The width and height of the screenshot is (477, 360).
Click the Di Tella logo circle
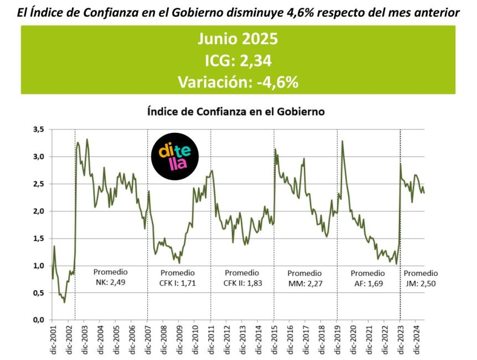pos(174,157)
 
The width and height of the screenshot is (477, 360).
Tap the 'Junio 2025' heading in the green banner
pos(238,40)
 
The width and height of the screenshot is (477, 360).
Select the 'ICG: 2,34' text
pos(238,61)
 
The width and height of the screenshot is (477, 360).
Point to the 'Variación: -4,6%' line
pos(238,82)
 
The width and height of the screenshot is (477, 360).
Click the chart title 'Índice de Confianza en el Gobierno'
pos(236,111)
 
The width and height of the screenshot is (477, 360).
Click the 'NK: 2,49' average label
pos(110,283)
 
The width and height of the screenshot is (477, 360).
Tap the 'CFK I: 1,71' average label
pos(178,283)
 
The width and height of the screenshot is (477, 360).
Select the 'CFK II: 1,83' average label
pos(242,283)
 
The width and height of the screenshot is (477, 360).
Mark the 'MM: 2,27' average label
pos(304,283)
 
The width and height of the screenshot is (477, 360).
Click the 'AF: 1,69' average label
pos(368,283)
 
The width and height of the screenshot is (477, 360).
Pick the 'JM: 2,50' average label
pos(421,283)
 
